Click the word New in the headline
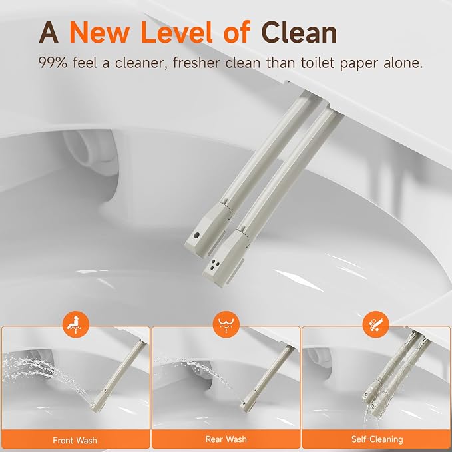(x=99, y=32)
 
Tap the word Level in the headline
(x=176, y=32)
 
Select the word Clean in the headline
(x=299, y=32)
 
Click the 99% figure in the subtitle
(x=53, y=63)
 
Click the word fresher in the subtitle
(x=196, y=63)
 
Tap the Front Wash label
(x=75, y=440)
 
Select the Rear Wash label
(x=226, y=439)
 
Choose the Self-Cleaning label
(x=377, y=439)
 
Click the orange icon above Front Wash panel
(x=76, y=324)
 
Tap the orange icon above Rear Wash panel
(x=226, y=324)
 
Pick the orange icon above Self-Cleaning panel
(x=376, y=324)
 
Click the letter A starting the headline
(x=49, y=33)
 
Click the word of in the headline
(x=237, y=32)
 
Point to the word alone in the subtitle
(x=403, y=63)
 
